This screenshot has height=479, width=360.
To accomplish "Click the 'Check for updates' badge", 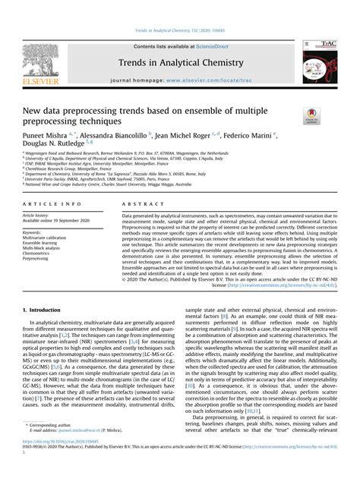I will (x=311, y=116).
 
